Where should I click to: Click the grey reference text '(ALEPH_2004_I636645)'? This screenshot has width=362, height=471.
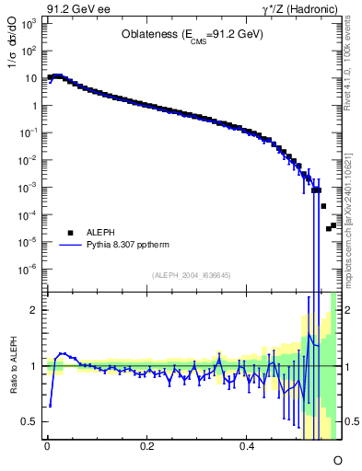[x=191, y=275]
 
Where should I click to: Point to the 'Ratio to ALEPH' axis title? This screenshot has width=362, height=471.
[x=11, y=366]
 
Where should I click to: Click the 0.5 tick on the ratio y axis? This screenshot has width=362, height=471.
[x=29, y=421]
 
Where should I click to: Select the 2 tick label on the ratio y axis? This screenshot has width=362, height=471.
[x=33, y=310]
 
